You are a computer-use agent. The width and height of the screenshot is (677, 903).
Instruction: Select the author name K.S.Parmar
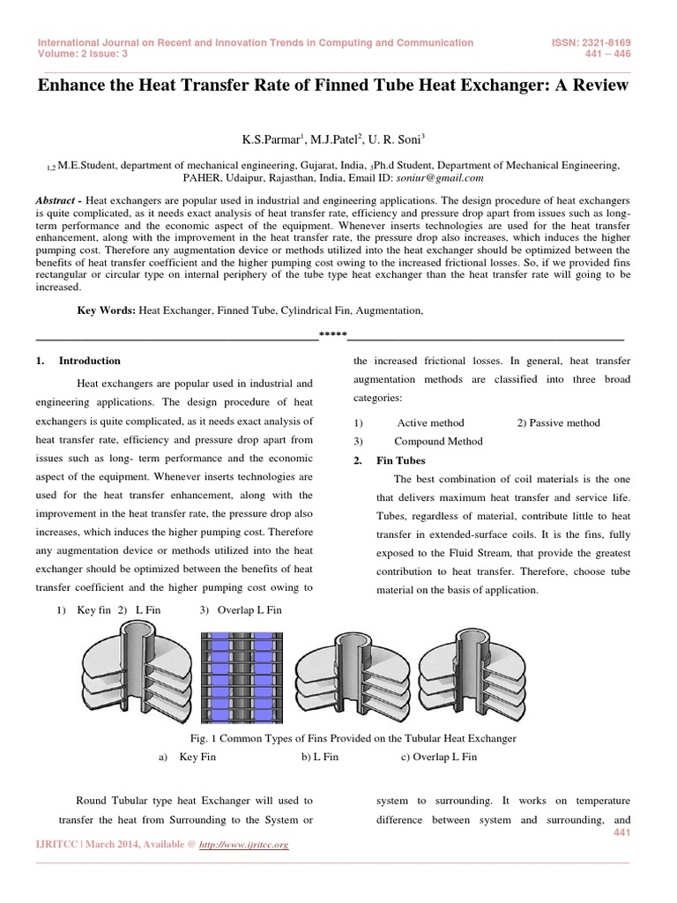273,138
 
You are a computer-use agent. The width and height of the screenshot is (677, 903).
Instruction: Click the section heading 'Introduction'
89,361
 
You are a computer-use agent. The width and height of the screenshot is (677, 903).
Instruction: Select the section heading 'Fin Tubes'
400,460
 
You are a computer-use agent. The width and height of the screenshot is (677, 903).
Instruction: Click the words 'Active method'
430,422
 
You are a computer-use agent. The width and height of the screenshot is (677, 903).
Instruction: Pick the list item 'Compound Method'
438,441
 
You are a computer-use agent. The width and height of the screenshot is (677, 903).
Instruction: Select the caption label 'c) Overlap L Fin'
438,757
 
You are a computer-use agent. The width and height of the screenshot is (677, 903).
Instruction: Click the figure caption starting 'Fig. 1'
338,737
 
